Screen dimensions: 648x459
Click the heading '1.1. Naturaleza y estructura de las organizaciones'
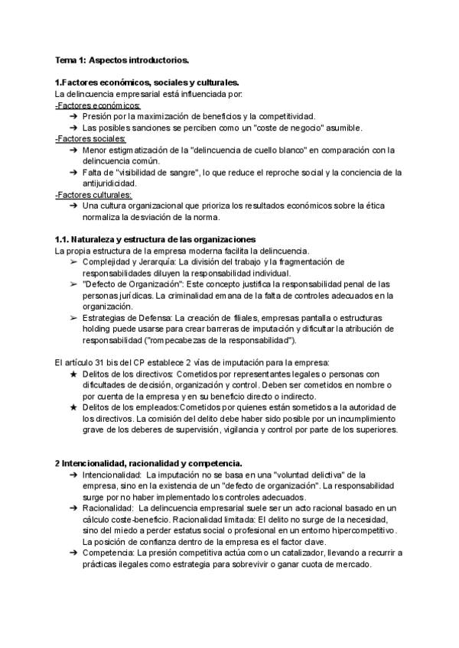point(155,240)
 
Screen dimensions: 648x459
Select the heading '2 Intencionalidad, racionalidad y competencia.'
point(149,463)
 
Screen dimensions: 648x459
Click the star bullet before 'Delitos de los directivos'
point(73,374)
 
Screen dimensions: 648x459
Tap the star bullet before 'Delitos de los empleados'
point(73,408)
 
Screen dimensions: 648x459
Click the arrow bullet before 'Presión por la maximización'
point(73,116)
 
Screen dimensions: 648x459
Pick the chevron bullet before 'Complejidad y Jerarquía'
point(73,262)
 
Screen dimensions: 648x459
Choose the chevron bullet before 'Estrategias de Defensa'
point(73,318)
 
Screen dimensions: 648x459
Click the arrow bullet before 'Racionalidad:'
point(73,508)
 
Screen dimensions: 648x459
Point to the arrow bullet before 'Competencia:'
point(73,552)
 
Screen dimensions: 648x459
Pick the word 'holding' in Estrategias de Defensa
point(102,329)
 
